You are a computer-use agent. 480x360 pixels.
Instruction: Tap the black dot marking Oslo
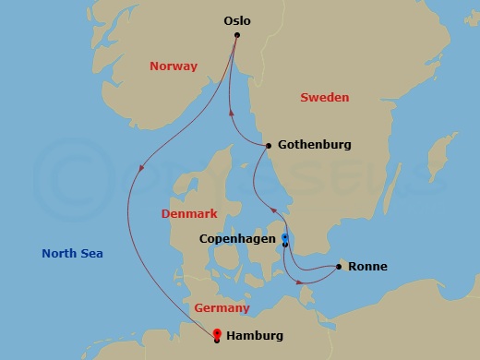pos(237,35)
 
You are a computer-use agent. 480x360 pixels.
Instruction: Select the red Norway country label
pos(173,66)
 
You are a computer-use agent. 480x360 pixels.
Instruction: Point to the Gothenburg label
pos(313,145)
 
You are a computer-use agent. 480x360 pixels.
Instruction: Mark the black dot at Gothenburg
pos(268,146)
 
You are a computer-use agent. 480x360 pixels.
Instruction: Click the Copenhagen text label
pos(237,238)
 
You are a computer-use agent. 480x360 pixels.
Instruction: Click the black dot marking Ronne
pos(340,267)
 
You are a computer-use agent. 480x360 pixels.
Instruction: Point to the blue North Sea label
pos(72,254)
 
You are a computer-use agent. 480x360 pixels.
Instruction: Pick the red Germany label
pos(222,307)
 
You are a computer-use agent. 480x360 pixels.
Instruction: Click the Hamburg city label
pos(254,336)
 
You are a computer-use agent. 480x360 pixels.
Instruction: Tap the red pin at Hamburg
pos(216,333)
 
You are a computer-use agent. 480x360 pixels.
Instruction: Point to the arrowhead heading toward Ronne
pos(306,279)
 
